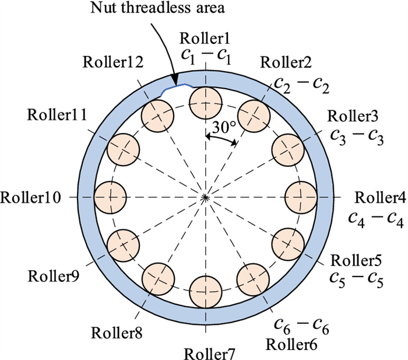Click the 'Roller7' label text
[x=206, y=352]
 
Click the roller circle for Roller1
[x=206, y=102]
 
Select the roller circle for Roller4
[x=301, y=197]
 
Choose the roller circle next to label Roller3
[x=288, y=149]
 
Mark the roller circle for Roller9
[x=124, y=244]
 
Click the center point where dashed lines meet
[x=206, y=197]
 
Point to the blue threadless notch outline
[x=175, y=88]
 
